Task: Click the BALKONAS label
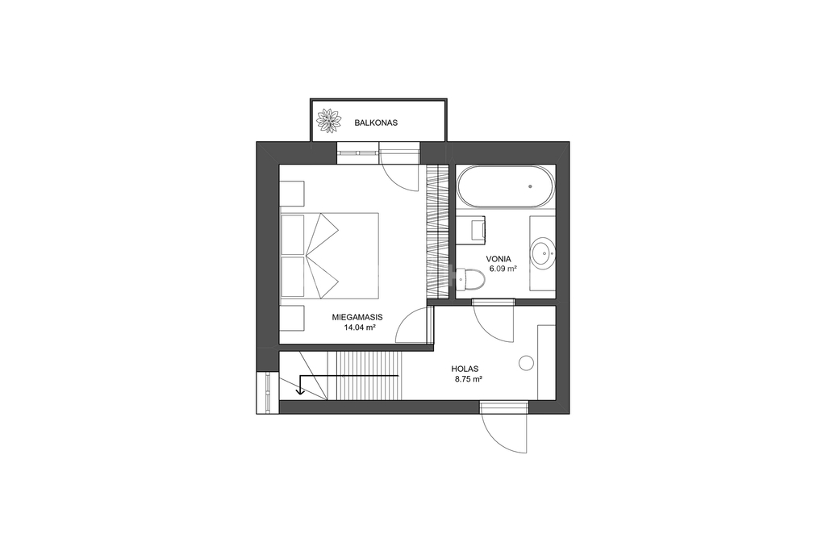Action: point(376,123)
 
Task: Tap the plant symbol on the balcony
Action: point(329,121)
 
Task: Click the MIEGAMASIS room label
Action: point(357,318)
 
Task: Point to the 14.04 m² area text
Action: point(360,327)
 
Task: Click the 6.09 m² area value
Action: point(503,269)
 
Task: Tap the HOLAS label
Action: point(465,369)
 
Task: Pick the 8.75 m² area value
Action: point(469,378)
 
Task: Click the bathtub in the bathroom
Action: point(505,186)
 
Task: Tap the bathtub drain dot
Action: point(530,186)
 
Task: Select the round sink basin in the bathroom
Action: point(542,253)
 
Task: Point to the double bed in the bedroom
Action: point(330,256)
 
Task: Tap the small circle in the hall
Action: point(526,362)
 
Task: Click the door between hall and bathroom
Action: point(494,321)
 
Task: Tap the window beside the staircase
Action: point(268,392)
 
